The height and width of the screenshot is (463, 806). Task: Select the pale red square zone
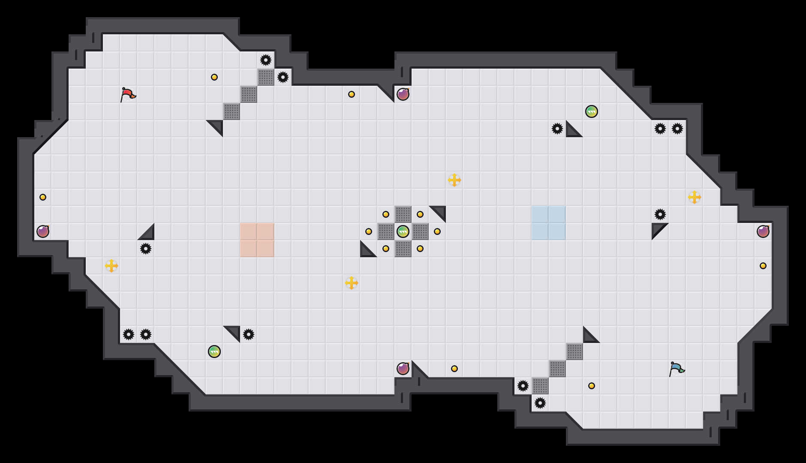(x=257, y=240)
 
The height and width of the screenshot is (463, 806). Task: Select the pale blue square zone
(x=549, y=223)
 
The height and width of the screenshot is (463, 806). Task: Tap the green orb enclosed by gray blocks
(x=403, y=231)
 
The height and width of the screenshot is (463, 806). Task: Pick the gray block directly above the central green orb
(x=403, y=214)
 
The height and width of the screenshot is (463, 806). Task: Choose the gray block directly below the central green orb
(x=403, y=249)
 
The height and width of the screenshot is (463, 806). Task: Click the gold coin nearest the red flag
(x=214, y=77)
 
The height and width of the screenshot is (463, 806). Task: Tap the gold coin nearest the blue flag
(x=592, y=386)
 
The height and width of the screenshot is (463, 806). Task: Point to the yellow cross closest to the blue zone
(x=454, y=180)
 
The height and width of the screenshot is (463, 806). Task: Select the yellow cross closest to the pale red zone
(x=352, y=283)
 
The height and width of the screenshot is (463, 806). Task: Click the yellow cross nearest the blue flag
(x=695, y=197)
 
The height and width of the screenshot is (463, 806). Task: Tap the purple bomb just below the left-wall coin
(x=43, y=231)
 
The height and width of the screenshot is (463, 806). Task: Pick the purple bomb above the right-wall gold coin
(x=763, y=231)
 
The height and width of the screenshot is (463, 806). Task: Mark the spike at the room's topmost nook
(x=266, y=60)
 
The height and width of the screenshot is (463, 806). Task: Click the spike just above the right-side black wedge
(x=660, y=214)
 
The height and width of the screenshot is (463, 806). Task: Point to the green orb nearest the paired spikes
(x=214, y=352)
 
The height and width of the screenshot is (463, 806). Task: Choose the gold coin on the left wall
(x=43, y=197)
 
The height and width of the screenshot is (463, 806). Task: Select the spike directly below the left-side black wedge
(x=146, y=249)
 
